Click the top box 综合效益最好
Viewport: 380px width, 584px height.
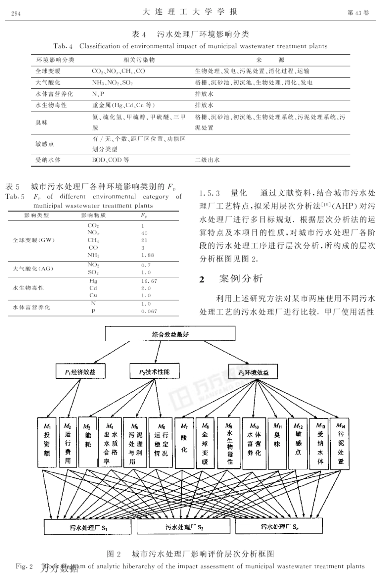pyautogui.click(x=170, y=334)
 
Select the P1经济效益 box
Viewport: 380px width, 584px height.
pyautogui.click(x=80, y=372)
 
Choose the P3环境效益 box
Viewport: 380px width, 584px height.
pyautogui.click(x=254, y=372)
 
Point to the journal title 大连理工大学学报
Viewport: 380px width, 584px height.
pyautogui.click(x=190, y=12)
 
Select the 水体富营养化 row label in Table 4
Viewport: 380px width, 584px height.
pyautogui.click(x=54, y=94)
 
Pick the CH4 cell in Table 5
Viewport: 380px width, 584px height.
pyautogui.click(x=93, y=240)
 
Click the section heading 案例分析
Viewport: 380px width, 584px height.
pyautogui.click(x=241, y=279)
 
